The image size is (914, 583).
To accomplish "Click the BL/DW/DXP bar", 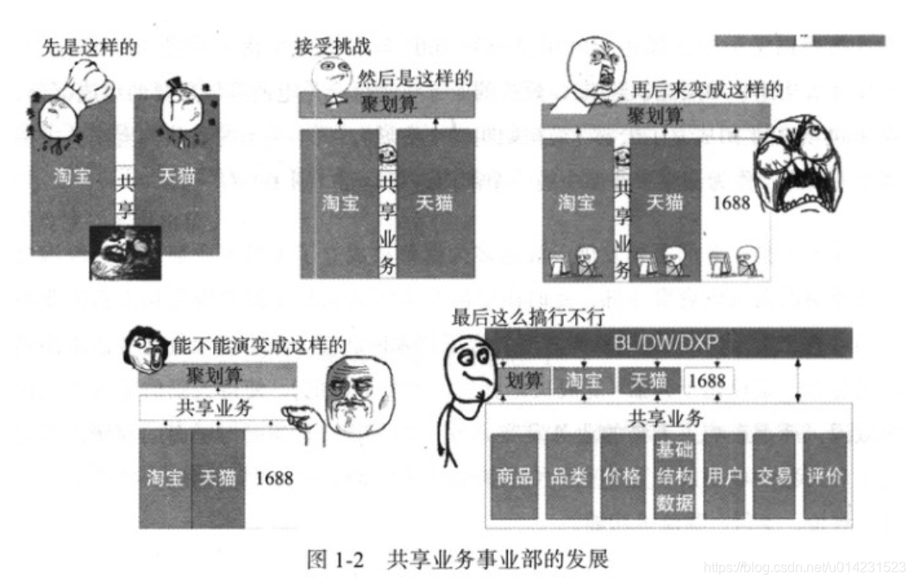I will pos(661,343).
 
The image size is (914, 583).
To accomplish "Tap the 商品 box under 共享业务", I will pos(514,476).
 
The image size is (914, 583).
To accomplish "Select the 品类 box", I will pos(568,476).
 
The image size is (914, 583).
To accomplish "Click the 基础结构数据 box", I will pos(674,476).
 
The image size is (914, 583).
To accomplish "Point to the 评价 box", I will pos(825,476).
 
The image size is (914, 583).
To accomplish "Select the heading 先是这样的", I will pos(89,47).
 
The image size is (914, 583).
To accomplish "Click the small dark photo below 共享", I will pos(125,252).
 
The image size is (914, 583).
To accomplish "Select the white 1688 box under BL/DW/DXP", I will pos(708,380).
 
